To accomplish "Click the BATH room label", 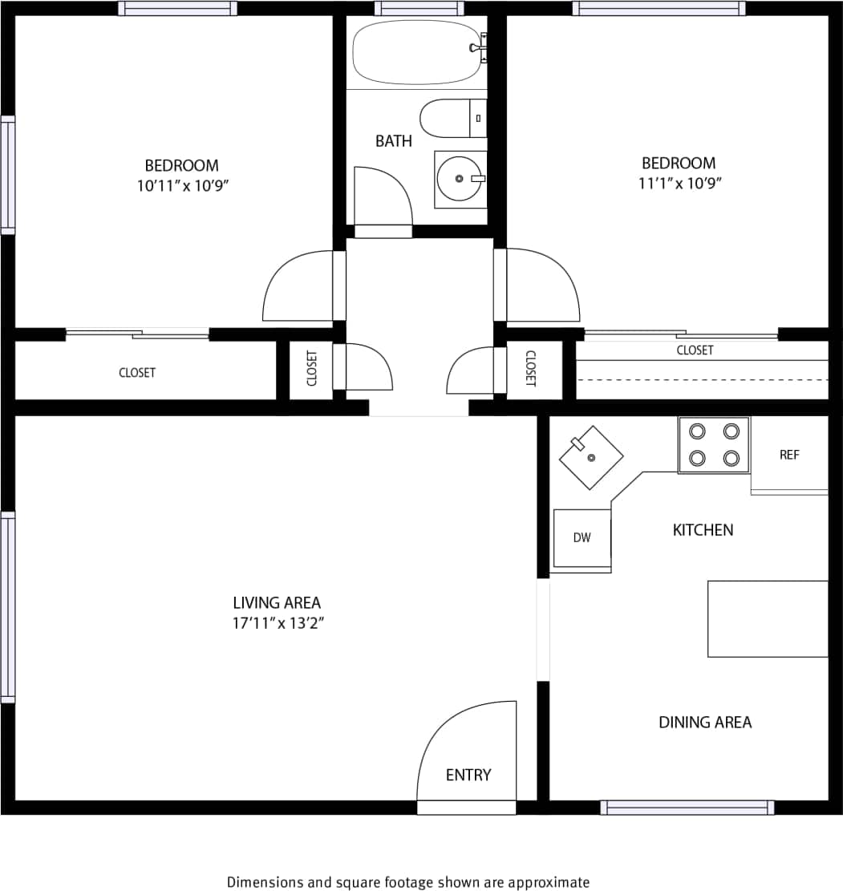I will tap(394, 141).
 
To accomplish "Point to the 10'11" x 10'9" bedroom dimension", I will tap(181, 186).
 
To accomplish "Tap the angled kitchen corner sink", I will tap(591, 457).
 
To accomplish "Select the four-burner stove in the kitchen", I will tap(714, 445).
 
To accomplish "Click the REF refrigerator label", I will tap(789, 455).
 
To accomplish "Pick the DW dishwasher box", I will tap(582, 538).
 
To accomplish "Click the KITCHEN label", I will tap(703, 530).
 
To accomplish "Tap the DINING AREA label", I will tap(705, 723).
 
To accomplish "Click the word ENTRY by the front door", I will tap(468, 775).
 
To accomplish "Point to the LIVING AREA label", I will tap(277, 602).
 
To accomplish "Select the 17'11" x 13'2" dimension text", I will tap(278, 623).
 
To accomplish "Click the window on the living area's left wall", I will tap(8, 607).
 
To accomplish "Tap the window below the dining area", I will tap(687, 808).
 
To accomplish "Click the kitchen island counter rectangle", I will tap(768, 618).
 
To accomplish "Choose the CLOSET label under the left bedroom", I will tap(137, 373).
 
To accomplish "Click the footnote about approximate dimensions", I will tap(407, 882).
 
